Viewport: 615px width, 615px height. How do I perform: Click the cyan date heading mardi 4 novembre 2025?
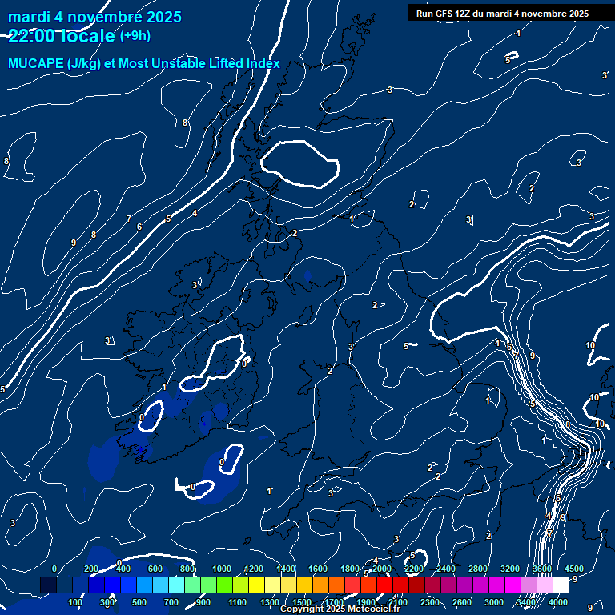pos(94,17)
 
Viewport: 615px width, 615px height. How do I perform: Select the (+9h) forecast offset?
pos(135,35)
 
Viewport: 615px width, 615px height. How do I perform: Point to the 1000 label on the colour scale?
pos(222,569)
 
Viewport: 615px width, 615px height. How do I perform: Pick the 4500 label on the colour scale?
pos(573,569)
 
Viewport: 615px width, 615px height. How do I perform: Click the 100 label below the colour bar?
pos(76,602)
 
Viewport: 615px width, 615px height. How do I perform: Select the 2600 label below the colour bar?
pos(461,602)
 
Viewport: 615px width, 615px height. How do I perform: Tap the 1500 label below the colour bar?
pos(302,602)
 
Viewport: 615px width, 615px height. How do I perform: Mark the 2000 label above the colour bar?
pos(381,569)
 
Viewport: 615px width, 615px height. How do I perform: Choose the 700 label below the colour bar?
pos(172,602)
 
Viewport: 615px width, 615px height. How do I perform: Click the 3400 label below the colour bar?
pos(526,602)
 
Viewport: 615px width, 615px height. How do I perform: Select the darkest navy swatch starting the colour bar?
pos(48,585)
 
